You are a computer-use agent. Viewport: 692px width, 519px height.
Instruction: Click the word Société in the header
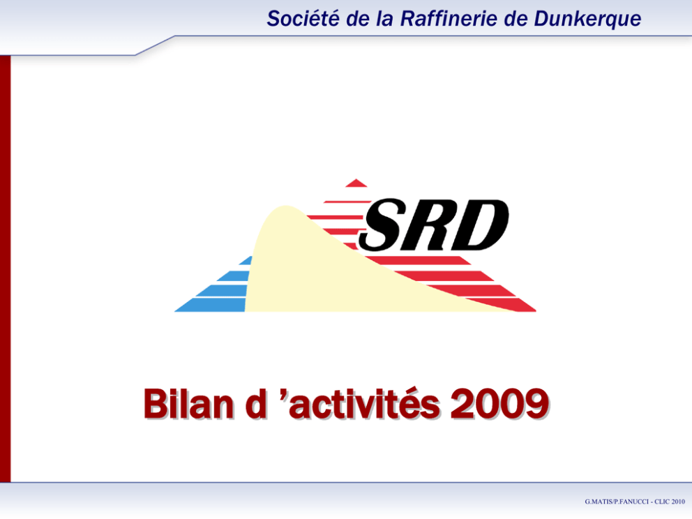pos(303,19)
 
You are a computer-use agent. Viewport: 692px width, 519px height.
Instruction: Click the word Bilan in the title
pos(188,403)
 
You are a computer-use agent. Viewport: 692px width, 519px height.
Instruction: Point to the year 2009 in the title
pos(499,403)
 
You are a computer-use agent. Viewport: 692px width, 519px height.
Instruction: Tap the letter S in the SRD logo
pos(383,225)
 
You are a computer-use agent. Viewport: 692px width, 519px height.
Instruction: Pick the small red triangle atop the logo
pos(356,183)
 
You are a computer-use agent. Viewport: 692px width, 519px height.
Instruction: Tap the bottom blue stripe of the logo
pos(211,305)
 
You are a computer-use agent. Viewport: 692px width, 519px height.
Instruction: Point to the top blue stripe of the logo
pos(246,260)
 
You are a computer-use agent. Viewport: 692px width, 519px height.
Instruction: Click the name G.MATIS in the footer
pos(599,502)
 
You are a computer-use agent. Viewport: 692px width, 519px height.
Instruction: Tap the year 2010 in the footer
pos(678,502)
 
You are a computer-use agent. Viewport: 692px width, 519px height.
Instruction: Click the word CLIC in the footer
pos(662,502)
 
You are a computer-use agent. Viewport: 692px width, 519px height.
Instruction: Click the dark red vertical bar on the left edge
pos(6,269)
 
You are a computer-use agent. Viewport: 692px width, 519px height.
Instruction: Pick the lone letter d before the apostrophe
pos(256,403)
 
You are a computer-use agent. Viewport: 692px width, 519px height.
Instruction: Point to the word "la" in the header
pos(384,19)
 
